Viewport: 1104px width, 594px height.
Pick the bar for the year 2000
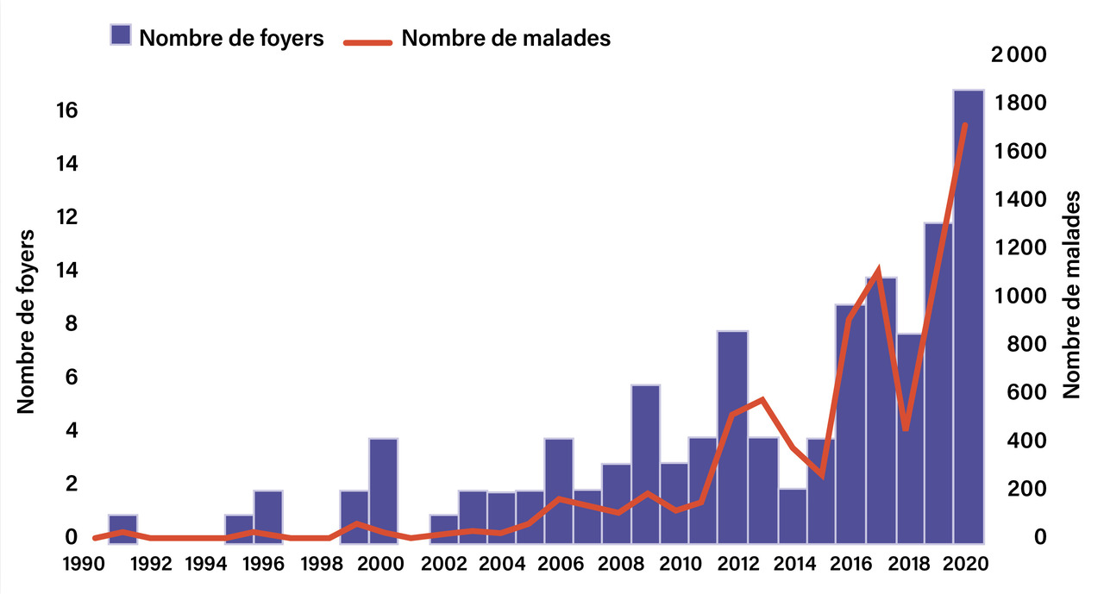[383, 491]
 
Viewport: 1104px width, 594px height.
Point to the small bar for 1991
[122, 528]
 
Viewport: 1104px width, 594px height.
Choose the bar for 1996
[267, 516]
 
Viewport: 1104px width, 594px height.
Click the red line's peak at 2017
[877, 272]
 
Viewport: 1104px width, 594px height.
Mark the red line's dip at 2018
[906, 428]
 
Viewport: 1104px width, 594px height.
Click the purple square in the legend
[121, 36]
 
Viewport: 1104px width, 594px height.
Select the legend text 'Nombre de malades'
[506, 38]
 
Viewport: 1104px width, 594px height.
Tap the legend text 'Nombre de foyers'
[231, 38]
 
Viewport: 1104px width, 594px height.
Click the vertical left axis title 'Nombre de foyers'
[27, 321]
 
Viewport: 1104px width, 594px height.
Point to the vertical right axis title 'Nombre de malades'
[1072, 294]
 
